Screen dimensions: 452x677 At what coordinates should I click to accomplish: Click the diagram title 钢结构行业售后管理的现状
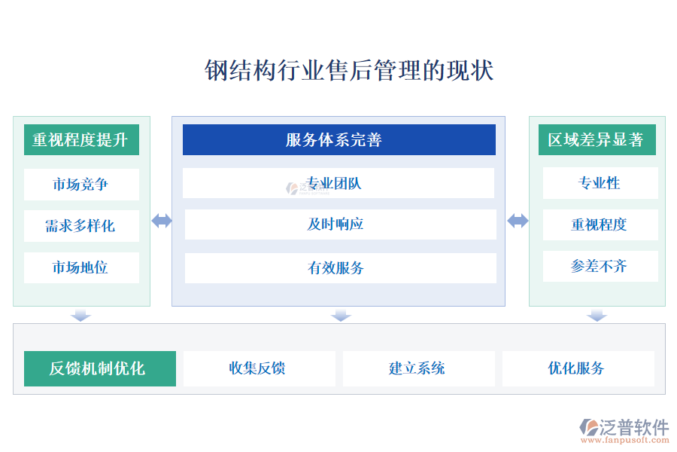click(x=349, y=72)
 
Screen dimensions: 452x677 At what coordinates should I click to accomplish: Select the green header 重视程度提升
click(x=81, y=140)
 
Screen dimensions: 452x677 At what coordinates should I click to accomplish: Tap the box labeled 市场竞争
click(x=81, y=185)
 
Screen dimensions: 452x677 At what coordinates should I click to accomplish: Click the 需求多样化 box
click(x=81, y=226)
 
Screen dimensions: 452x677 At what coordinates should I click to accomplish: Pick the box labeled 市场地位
click(x=81, y=267)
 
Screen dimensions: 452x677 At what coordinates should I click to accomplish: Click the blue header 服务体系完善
click(x=338, y=140)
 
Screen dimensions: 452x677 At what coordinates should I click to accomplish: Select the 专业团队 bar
click(x=338, y=183)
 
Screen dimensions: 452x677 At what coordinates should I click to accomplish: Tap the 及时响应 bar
click(x=340, y=224)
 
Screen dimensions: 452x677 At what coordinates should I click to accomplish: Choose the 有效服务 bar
click(x=340, y=268)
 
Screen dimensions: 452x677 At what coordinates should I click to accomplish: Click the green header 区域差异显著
click(x=597, y=140)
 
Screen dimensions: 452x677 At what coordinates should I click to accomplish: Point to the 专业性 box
click(x=600, y=183)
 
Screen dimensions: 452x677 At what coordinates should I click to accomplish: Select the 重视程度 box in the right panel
click(x=600, y=224)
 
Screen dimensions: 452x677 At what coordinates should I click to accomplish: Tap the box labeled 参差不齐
click(x=600, y=266)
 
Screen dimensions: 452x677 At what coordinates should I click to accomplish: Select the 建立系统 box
click(x=418, y=368)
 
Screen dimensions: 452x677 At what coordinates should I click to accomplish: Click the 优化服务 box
click(x=578, y=368)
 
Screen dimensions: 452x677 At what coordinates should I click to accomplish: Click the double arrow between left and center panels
click(x=162, y=221)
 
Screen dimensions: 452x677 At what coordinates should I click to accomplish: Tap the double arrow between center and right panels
click(x=518, y=221)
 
